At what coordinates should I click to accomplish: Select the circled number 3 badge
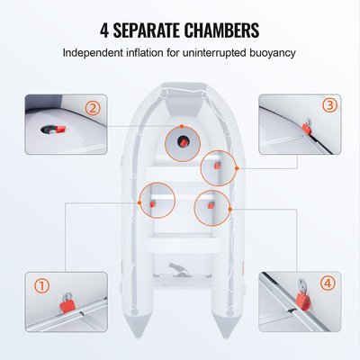pos(329,105)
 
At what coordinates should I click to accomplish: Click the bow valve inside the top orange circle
pos(181,140)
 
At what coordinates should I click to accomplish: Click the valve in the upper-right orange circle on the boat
pos(216,165)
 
